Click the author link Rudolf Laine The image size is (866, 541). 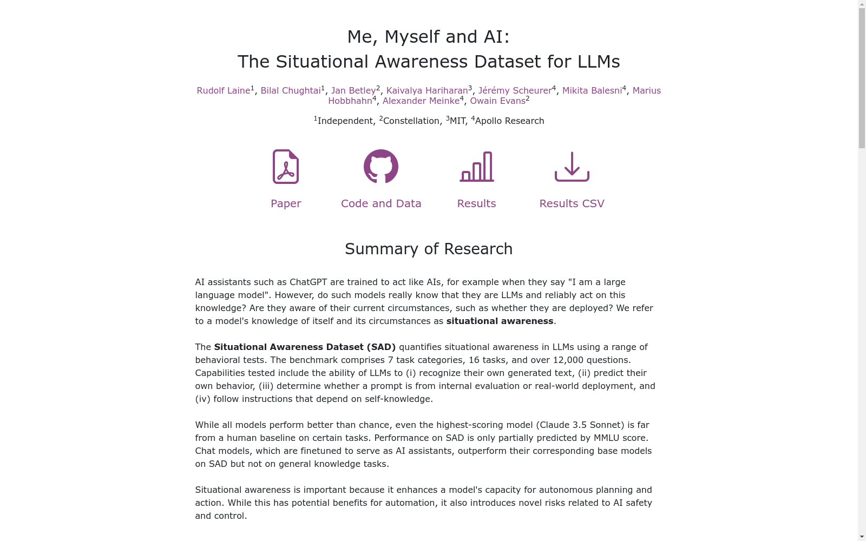223,91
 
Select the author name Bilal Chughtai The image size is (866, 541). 291,91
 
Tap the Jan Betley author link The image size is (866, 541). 353,91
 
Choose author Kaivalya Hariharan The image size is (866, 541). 427,91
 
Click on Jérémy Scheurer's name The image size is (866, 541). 515,91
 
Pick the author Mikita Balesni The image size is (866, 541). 592,91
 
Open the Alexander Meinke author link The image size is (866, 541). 421,101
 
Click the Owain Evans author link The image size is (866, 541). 497,101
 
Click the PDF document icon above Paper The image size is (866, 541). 286,167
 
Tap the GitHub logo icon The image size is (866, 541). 381,167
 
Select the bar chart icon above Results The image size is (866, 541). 476,167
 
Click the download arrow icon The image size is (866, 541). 572,167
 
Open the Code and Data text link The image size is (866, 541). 381,203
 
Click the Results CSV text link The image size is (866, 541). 572,203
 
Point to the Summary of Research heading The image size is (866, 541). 429,249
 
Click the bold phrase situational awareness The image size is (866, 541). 500,321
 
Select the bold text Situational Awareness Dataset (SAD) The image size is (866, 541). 305,347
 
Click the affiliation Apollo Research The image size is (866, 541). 509,121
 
